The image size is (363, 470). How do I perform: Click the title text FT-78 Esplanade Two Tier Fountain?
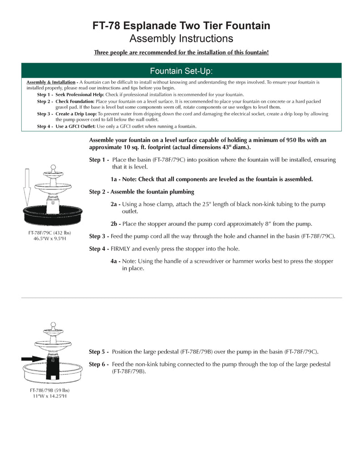pyautogui.click(x=181, y=26)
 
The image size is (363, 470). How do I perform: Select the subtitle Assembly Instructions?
pyautogui.click(x=181, y=39)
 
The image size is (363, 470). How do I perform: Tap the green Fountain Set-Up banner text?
pyautogui.click(x=181, y=71)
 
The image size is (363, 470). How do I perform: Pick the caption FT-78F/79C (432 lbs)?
pyautogui.click(x=50, y=233)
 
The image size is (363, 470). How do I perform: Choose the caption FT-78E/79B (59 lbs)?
pyautogui.click(x=50, y=390)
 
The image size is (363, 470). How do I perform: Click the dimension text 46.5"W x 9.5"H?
pyautogui.click(x=50, y=239)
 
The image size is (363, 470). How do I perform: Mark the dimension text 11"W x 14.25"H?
pyautogui.click(x=50, y=396)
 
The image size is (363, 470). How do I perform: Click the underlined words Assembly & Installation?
pyautogui.click(x=51, y=82)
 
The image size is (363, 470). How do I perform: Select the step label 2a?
pyautogui.click(x=115, y=204)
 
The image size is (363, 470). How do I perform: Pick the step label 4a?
pyautogui.click(x=115, y=262)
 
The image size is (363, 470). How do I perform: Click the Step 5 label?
pyautogui.click(x=98, y=352)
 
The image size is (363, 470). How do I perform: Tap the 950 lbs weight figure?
pyautogui.click(x=297, y=140)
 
